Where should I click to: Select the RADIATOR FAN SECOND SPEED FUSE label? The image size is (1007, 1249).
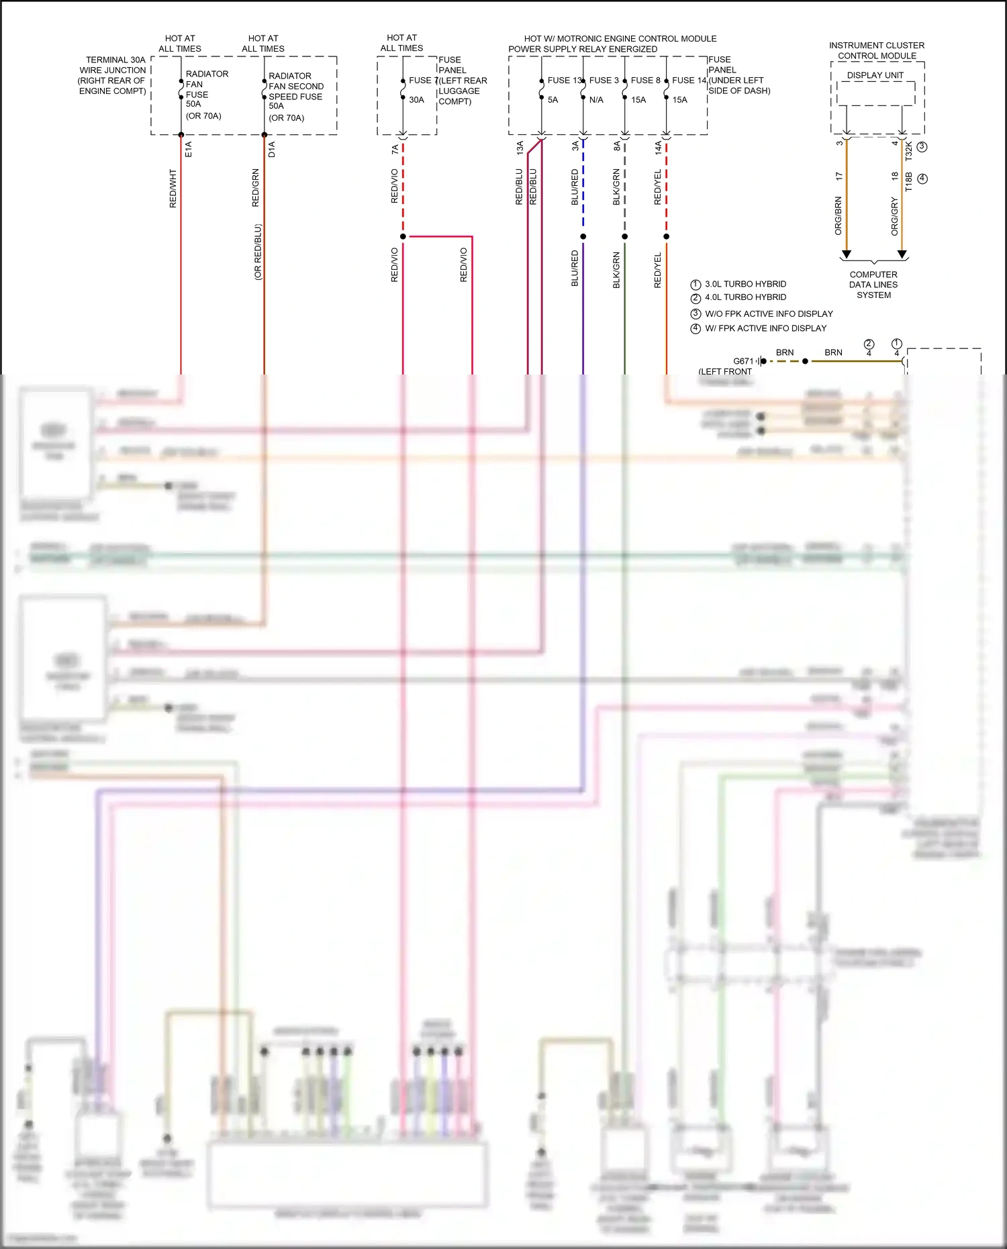[295, 86]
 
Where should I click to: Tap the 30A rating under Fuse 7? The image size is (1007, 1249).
[416, 100]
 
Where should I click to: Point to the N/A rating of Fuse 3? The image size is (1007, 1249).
[596, 100]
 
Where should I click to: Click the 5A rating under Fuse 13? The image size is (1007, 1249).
[553, 100]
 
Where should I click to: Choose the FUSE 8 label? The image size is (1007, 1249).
[645, 81]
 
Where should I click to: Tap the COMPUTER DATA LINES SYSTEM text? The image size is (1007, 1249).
[873, 285]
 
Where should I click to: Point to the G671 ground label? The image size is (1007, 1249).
[743, 361]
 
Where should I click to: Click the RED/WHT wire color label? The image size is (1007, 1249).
[173, 188]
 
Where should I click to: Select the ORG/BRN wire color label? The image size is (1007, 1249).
[838, 215]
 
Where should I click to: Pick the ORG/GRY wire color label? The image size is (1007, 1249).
[894, 216]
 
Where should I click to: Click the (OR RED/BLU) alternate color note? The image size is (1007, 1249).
[258, 252]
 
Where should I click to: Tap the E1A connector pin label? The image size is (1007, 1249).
[189, 149]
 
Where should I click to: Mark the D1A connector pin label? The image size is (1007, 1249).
[272, 149]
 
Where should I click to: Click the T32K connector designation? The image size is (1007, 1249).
[909, 150]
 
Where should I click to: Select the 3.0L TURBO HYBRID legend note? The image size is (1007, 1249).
[745, 285]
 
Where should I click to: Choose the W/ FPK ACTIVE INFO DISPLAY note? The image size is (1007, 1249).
[765, 328]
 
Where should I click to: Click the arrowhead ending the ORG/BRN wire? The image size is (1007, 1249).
[847, 255]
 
